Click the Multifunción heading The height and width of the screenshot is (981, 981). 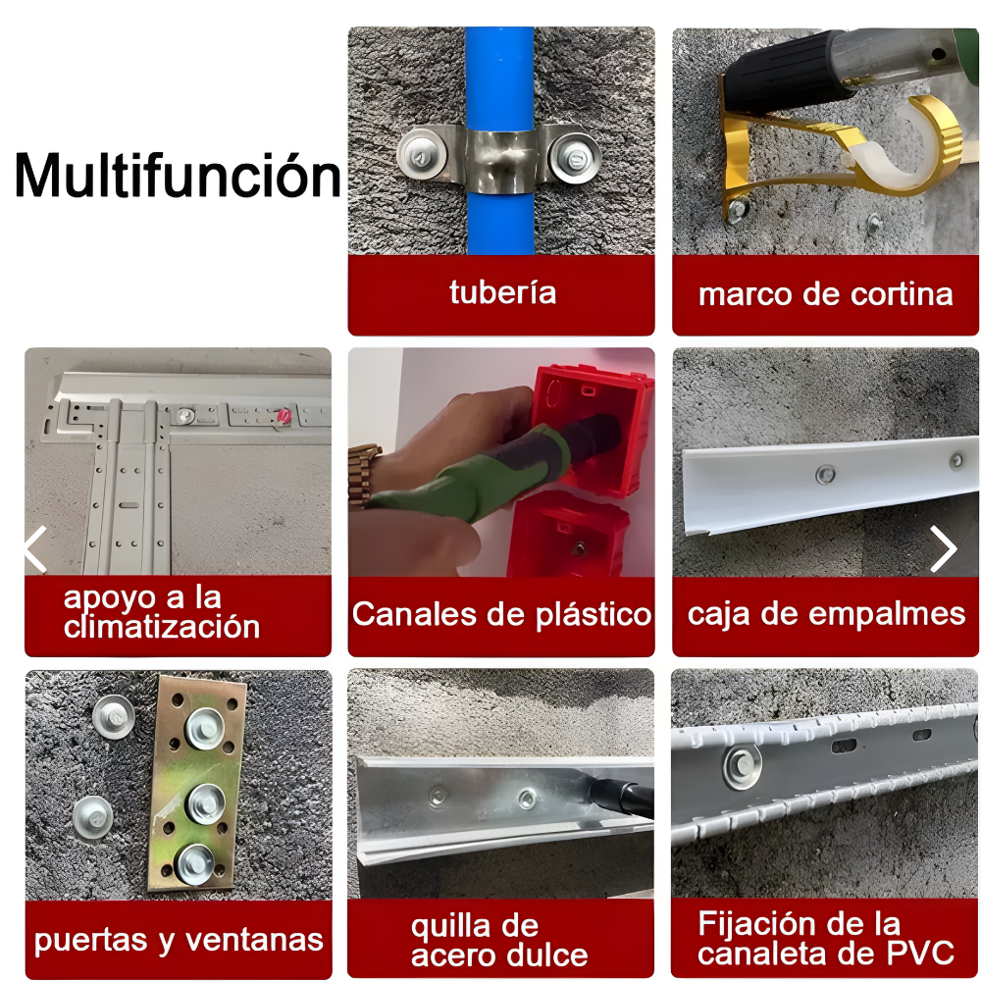(178, 176)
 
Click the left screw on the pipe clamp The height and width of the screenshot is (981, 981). (422, 153)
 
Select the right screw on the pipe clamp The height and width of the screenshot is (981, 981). (574, 156)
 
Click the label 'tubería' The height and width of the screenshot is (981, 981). (502, 292)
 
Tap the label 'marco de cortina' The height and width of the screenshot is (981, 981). (825, 294)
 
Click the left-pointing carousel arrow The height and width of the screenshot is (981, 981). (35, 548)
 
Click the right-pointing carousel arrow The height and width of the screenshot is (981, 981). (943, 548)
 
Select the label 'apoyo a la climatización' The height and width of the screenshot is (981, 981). (162, 612)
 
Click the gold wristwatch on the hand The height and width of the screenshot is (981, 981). (364, 476)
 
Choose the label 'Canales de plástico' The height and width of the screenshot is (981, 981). (501, 614)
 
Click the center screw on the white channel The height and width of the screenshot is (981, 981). (825, 474)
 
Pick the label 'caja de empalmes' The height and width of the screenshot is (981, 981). (826, 614)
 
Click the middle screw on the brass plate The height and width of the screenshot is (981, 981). (205, 803)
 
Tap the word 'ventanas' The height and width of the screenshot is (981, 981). (255, 940)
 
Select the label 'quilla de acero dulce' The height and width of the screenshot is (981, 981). (499, 941)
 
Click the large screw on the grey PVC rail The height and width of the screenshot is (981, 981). (742, 765)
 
